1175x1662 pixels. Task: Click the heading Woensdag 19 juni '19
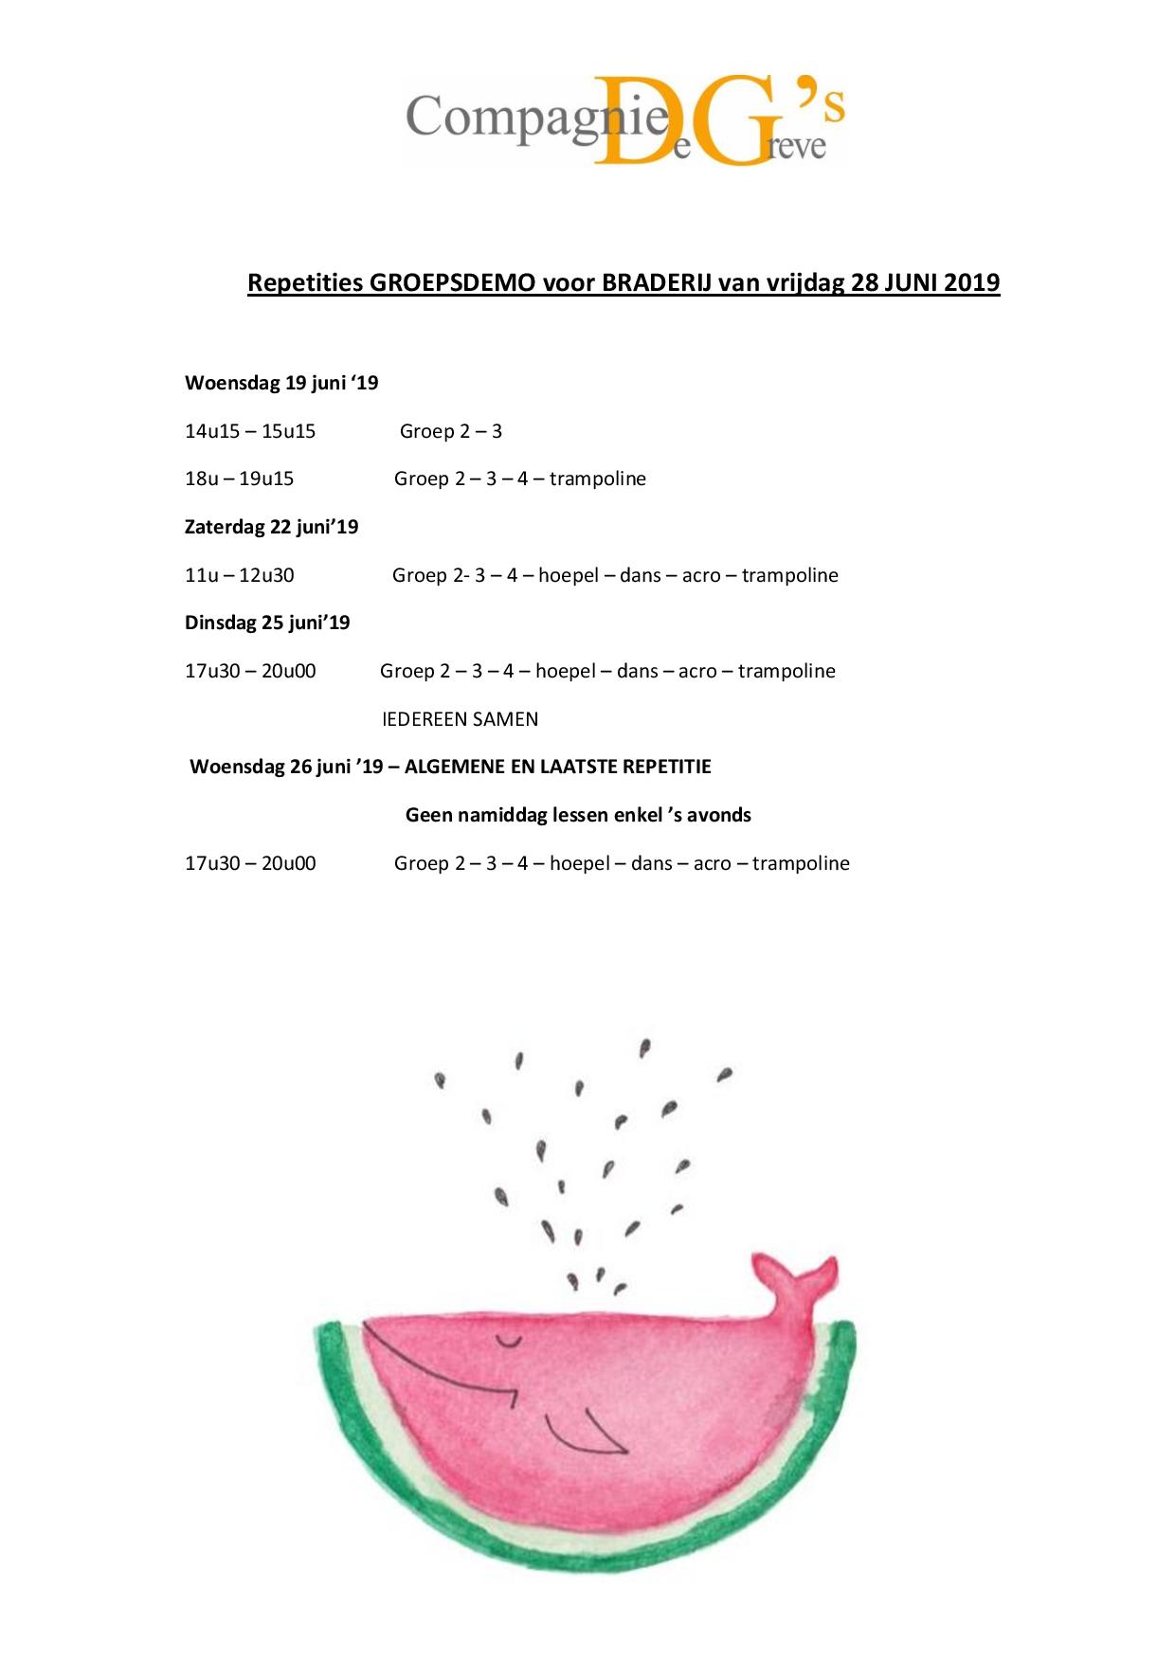pos(281,383)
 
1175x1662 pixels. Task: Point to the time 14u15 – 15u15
pos(250,431)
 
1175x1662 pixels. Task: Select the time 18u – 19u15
pos(239,479)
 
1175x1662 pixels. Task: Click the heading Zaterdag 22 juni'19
pos(271,527)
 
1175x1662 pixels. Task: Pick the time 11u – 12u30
pos(239,575)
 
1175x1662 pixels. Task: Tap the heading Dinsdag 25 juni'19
pos(267,623)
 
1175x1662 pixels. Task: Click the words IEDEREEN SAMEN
pos(460,719)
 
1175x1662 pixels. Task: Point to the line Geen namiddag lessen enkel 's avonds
pos(578,815)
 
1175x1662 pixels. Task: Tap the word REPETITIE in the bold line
pos(665,767)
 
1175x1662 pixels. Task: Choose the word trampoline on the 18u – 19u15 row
pos(597,479)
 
